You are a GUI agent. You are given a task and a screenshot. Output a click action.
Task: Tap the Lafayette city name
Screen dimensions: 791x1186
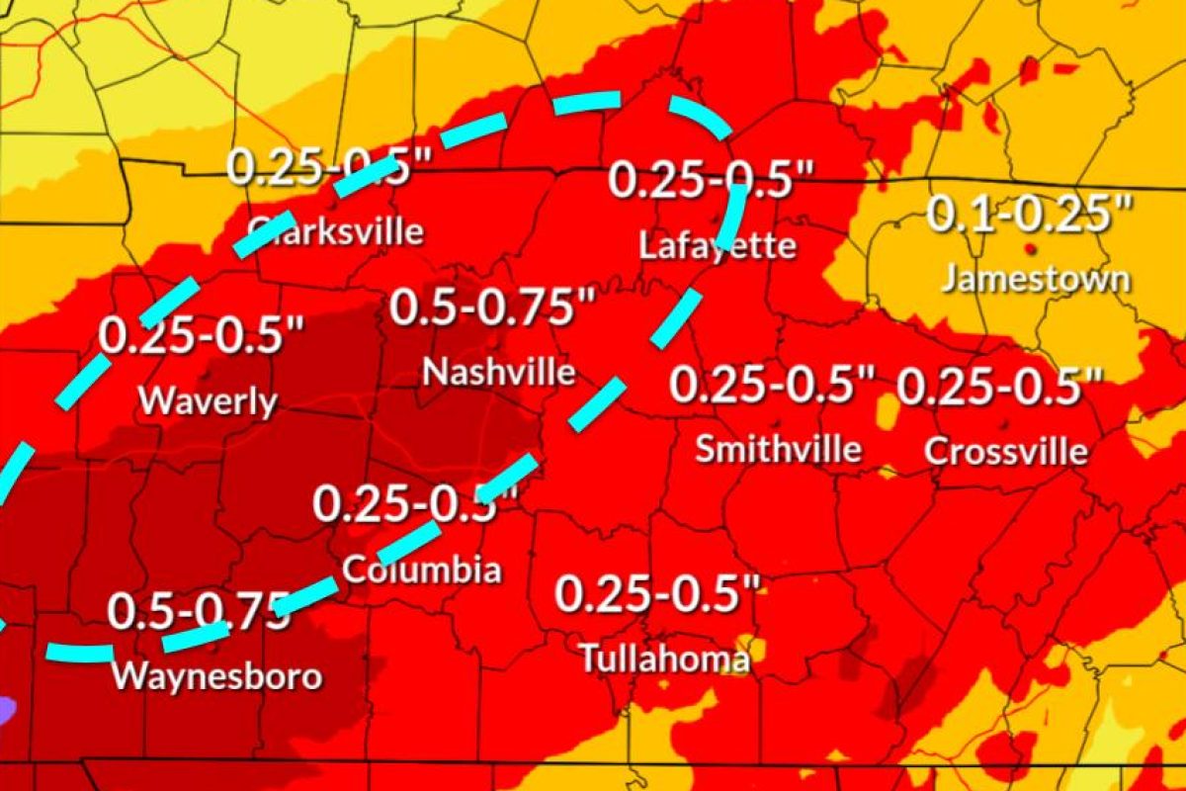[x=718, y=245]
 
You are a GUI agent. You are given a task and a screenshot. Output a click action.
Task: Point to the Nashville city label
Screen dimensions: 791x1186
[x=499, y=372]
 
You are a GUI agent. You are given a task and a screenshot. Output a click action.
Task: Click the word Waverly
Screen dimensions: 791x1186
[x=208, y=401]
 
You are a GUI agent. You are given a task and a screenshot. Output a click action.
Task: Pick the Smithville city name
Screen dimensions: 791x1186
[x=778, y=449]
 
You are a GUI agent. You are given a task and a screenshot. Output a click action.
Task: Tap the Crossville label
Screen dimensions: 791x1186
[x=1006, y=452]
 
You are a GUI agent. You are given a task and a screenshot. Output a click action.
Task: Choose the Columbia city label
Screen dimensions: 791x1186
[x=422, y=570]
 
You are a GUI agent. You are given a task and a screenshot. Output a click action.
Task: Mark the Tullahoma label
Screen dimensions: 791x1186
[x=664, y=658]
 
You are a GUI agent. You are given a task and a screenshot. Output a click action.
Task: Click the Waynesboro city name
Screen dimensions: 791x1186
[x=216, y=677]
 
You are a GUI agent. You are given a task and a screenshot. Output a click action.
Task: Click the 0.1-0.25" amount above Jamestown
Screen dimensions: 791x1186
[x=1029, y=214]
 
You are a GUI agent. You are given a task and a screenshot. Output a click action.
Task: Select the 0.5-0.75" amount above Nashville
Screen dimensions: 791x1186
[x=496, y=307]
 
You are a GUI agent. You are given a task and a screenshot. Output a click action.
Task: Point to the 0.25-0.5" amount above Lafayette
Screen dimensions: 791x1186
[x=711, y=180]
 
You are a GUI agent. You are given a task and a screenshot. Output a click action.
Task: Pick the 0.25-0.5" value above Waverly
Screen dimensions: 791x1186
[x=202, y=336]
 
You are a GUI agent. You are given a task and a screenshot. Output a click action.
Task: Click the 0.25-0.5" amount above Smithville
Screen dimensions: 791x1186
[x=774, y=384]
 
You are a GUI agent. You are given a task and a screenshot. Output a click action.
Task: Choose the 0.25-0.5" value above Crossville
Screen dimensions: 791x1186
[x=999, y=386]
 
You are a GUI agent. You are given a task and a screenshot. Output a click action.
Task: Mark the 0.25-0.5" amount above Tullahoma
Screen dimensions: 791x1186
[x=657, y=593]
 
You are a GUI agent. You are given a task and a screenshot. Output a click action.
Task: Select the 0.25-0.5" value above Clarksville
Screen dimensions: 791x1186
[x=328, y=166]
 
